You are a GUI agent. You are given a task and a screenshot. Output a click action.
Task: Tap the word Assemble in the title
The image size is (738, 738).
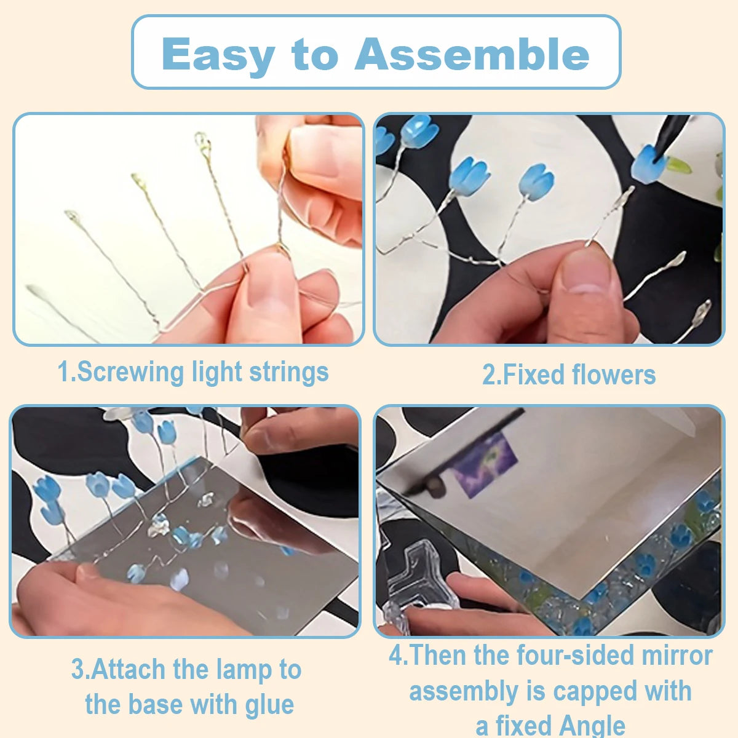472,54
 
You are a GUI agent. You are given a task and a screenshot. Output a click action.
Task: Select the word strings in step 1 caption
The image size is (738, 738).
289,373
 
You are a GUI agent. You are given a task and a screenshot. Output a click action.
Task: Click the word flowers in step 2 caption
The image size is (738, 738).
614,374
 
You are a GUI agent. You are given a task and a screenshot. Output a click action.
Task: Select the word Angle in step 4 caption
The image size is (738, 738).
592,725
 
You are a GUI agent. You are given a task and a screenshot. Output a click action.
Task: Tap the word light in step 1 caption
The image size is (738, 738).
216,372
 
